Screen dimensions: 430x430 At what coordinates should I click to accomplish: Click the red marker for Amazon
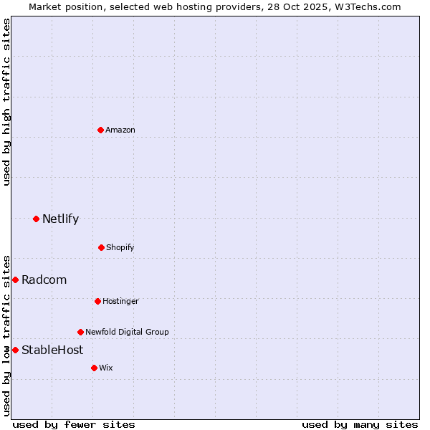[x=100, y=130]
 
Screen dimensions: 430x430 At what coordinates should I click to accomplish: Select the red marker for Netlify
[x=36, y=219]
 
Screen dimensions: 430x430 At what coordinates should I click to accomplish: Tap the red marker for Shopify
[x=101, y=247]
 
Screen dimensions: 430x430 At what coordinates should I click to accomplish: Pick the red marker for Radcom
[x=15, y=279]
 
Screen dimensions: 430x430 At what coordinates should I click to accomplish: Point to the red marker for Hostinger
[x=97, y=301]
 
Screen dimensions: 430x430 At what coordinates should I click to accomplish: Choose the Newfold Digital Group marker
[x=80, y=332]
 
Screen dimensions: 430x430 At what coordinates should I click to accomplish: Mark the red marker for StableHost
[x=15, y=350]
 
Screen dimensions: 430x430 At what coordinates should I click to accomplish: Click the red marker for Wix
[x=94, y=368]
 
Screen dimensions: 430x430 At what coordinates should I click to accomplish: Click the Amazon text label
[x=120, y=130]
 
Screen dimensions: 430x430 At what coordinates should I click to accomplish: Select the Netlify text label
[x=60, y=219]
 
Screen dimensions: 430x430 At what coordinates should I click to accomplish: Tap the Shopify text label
[x=120, y=247]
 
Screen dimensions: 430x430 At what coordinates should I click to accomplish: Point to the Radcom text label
[x=44, y=279]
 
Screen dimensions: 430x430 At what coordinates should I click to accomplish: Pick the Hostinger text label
[x=120, y=301]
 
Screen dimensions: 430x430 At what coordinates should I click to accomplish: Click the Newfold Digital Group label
[x=127, y=332]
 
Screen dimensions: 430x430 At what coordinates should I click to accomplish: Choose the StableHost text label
[x=52, y=350]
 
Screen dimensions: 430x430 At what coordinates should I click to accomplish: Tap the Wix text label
[x=106, y=368]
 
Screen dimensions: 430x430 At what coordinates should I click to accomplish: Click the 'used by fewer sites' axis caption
[x=74, y=424]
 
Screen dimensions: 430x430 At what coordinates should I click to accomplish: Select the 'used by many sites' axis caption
[x=360, y=424]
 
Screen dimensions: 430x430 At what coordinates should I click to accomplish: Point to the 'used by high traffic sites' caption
[x=6, y=102]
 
